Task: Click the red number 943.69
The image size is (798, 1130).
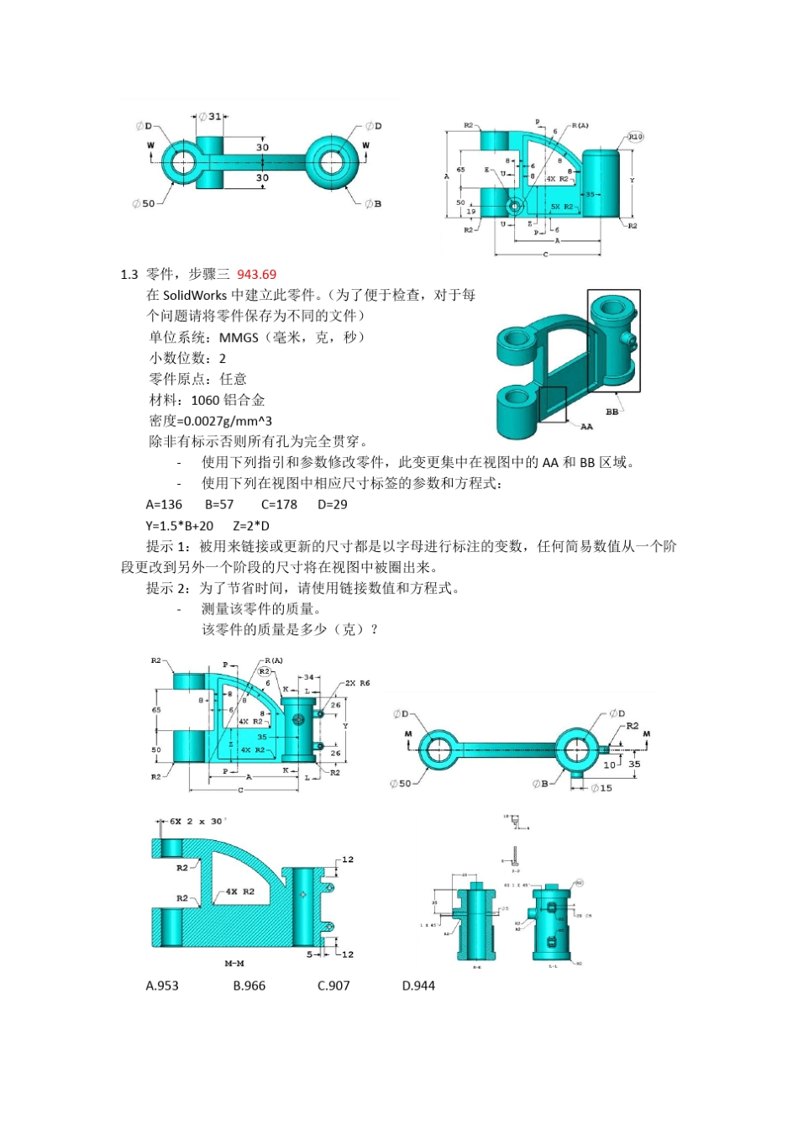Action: click(256, 274)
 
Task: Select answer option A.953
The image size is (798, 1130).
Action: click(162, 985)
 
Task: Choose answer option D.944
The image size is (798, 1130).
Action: click(418, 985)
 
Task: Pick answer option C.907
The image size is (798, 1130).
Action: click(333, 985)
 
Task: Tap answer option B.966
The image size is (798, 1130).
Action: click(249, 985)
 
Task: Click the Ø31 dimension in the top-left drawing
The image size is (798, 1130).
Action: click(210, 117)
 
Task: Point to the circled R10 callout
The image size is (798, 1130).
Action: click(635, 136)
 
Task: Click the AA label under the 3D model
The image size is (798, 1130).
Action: click(586, 427)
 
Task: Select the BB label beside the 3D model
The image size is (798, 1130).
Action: click(612, 412)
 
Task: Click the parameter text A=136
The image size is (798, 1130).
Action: click(164, 504)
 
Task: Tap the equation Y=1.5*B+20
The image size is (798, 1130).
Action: click(180, 525)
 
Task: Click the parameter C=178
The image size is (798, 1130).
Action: click(279, 504)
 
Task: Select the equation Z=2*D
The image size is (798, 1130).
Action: click(251, 525)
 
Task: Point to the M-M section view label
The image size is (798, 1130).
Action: click(234, 964)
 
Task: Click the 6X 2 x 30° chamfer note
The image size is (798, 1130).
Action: click(197, 821)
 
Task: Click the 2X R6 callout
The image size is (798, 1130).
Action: click(357, 683)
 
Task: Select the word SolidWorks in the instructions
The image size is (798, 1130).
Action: click(195, 295)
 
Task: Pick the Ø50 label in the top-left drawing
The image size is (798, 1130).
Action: click(144, 203)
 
